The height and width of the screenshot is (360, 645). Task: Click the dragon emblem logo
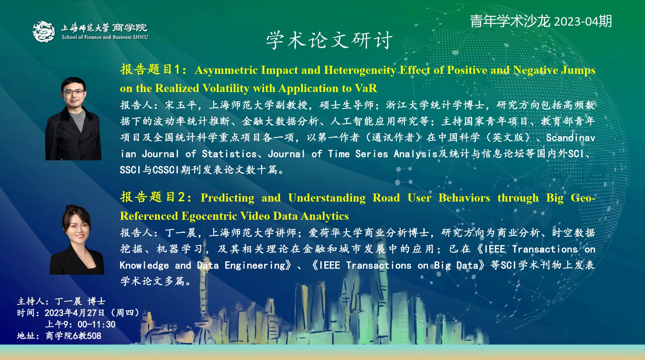point(44,32)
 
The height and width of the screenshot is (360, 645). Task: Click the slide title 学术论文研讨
point(329,40)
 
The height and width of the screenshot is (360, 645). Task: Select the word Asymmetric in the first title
point(226,70)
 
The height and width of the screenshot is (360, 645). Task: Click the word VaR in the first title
point(366,88)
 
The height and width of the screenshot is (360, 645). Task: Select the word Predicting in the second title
point(227,198)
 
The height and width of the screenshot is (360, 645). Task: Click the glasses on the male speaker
point(74,92)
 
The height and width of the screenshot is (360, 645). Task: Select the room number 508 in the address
point(94,336)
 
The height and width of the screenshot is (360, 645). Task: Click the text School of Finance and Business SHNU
point(105,37)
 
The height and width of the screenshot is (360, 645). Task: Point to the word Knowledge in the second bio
point(144,266)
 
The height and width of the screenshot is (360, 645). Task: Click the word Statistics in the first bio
point(229,154)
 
